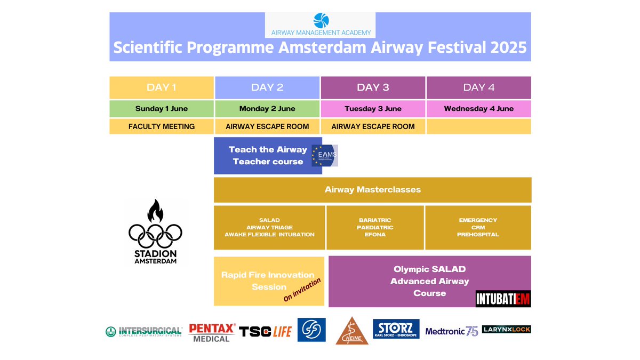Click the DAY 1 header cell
162,87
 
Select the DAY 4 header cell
478,87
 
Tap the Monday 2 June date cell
267,108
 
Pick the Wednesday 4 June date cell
478,108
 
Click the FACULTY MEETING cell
162,126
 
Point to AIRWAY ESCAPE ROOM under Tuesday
373,126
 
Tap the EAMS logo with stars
325,155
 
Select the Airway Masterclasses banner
372,189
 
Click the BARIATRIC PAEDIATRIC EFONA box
375,228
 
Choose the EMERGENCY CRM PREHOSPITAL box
478,228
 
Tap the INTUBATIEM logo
503,299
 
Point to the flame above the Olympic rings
155,211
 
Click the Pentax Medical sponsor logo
212,332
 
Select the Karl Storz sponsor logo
396,329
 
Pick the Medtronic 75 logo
451,331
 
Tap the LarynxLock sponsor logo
506,329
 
